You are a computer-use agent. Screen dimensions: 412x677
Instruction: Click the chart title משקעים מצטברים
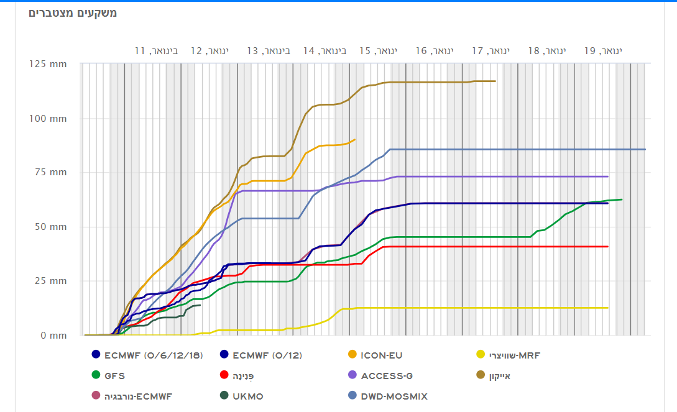tap(72, 13)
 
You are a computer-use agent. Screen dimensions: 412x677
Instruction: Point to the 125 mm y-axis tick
tap(50, 64)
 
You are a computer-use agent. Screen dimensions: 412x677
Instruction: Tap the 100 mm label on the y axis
tap(50, 118)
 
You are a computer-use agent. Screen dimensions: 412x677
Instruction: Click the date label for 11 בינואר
tap(156, 50)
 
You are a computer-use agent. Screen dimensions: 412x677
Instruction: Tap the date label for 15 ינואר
tap(377, 50)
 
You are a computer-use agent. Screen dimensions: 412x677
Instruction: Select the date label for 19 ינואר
tap(602, 50)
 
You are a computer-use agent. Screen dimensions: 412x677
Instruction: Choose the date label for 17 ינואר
tap(490, 50)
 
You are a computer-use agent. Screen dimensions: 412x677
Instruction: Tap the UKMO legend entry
tap(247, 396)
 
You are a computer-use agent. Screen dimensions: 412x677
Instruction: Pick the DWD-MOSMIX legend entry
tap(394, 396)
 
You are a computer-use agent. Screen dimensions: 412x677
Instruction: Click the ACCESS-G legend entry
tap(386, 376)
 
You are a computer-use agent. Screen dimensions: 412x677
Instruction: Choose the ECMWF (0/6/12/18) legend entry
tap(152, 355)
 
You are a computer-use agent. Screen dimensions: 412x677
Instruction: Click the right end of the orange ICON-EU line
tap(354, 140)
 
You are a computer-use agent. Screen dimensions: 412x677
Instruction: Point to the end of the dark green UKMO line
tap(200, 305)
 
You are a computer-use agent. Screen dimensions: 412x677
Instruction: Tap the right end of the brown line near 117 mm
tap(495, 81)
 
